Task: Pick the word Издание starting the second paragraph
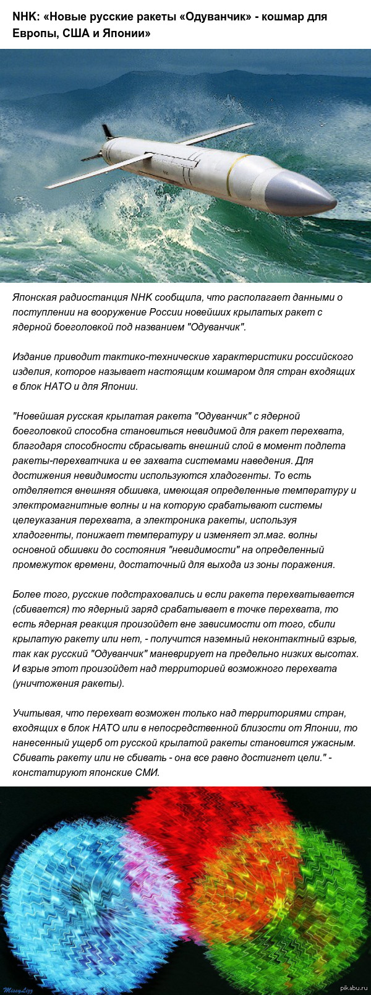click(x=32, y=357)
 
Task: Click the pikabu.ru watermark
click(x=354, y=989)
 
